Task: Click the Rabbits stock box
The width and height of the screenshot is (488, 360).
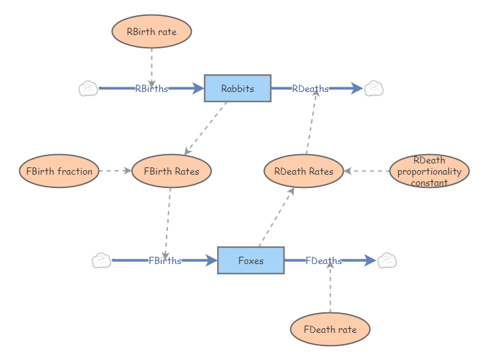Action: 237,89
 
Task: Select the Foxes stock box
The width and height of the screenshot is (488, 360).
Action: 251,261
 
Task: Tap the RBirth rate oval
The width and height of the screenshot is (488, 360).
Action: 151,32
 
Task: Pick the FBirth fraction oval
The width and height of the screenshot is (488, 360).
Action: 60,171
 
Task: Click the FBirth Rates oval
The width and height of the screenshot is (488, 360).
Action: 171,171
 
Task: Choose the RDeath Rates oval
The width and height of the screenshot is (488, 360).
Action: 304,171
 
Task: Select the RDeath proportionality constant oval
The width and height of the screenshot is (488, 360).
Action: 429,171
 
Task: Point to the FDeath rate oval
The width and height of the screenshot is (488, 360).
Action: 330,330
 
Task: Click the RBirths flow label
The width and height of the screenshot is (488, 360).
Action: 151,89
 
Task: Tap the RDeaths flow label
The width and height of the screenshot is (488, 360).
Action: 310,89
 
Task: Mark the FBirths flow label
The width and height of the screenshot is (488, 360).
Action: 165,261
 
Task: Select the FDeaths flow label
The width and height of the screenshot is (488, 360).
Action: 323,261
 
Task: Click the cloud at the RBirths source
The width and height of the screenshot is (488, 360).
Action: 88,89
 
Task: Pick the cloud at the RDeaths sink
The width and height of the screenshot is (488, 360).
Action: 374,89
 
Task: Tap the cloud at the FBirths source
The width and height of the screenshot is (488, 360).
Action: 101,261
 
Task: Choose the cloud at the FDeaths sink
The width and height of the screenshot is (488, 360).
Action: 387,261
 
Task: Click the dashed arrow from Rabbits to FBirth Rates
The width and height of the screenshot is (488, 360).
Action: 206,128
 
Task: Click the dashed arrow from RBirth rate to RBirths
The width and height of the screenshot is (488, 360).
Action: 151,66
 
